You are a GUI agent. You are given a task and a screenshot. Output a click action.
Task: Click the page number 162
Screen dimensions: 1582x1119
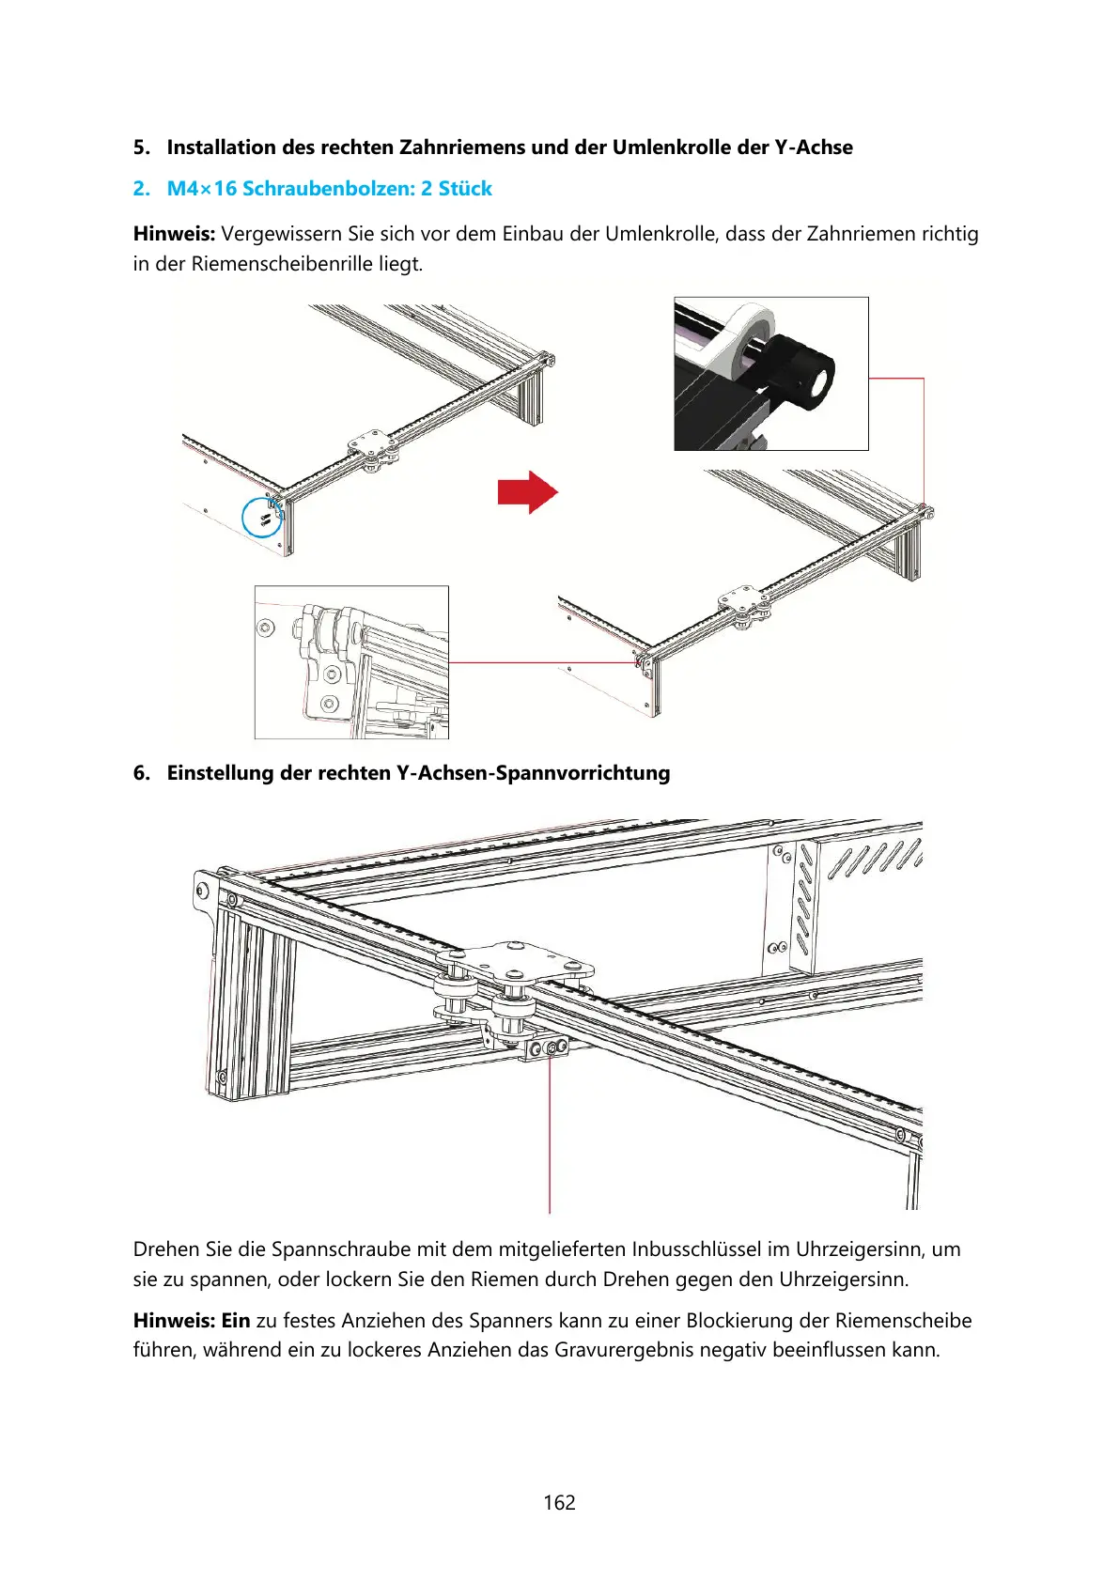coord(559,1502)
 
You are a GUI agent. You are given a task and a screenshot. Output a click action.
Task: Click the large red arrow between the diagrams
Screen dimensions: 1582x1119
coord(528,491)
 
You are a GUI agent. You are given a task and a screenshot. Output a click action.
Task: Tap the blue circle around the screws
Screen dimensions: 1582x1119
coord(262,517)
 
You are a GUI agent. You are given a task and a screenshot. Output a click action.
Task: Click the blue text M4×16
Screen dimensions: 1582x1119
coord(202,189)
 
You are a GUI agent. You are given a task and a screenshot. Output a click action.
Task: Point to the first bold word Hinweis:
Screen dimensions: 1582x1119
coord(174,234)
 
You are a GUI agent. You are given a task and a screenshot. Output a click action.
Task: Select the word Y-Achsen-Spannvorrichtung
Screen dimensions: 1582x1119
coord(533,773)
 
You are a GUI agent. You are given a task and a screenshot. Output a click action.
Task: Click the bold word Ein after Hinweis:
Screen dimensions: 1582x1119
coord(236,1321)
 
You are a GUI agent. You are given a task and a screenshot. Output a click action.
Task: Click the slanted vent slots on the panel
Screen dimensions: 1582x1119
coord(874,859)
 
